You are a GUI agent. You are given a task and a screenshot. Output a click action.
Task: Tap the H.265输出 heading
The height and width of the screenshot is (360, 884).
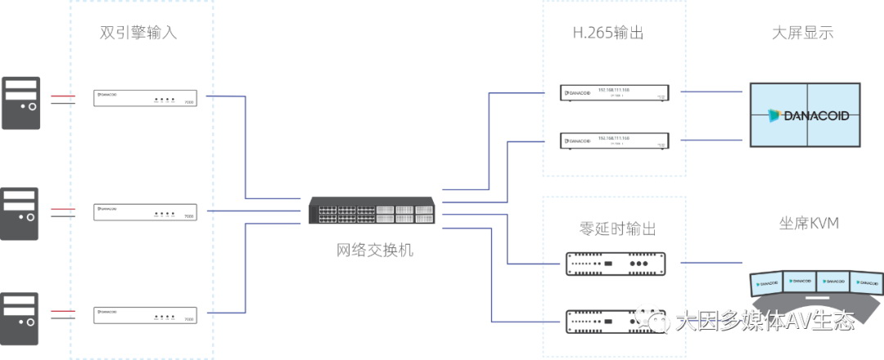coord(606,34)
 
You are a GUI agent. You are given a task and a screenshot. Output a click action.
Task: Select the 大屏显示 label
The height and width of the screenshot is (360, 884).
coord(802,34)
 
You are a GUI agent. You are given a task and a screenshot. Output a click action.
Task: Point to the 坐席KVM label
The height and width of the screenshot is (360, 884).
coord(809,223)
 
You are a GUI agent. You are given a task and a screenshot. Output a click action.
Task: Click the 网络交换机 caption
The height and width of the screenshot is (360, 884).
coord(376,250)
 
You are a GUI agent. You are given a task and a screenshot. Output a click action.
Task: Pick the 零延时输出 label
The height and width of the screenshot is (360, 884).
coord(616,228)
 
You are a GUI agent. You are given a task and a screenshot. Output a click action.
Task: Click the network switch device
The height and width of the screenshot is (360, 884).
coord(374,210)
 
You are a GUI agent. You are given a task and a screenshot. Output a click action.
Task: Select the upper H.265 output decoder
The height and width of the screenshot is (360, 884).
coord(614,92)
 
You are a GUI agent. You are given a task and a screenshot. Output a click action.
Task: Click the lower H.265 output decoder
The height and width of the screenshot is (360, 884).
coord(614,141)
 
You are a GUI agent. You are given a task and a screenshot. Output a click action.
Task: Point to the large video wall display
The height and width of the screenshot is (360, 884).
coord(805,115)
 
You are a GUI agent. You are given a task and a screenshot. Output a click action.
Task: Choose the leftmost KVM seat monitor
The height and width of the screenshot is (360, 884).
coord(767,283)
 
